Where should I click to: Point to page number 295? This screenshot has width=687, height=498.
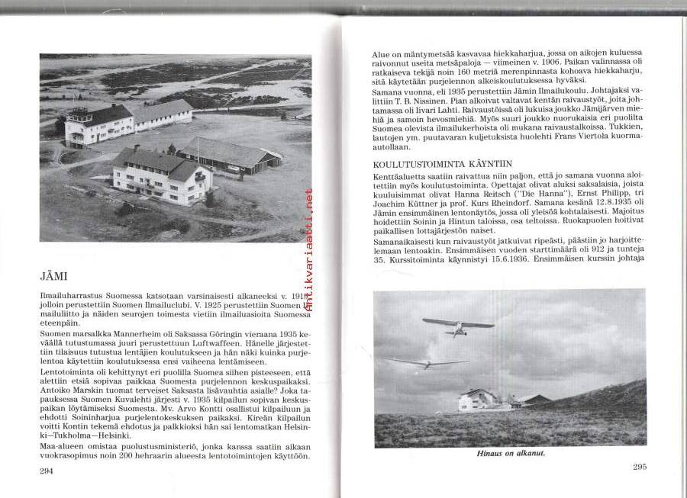[x=640, y=467]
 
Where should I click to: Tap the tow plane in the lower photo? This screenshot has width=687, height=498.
[x=457, y=326]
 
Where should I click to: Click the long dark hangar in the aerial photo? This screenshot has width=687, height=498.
[x=228, y=156]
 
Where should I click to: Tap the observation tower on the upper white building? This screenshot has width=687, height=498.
[x=80, y=116]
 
